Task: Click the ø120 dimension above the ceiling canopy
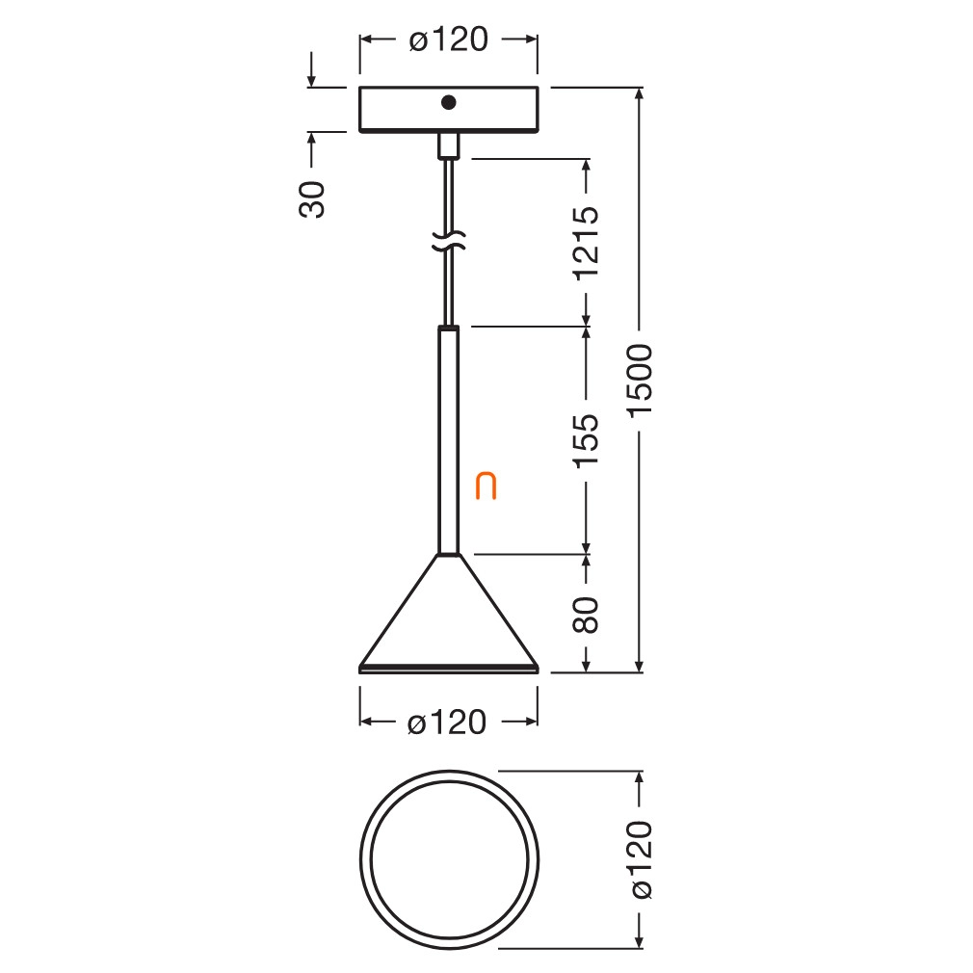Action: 449,39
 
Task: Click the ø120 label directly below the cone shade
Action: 447,723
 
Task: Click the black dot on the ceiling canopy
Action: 449,102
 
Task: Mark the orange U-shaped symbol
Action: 486,487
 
